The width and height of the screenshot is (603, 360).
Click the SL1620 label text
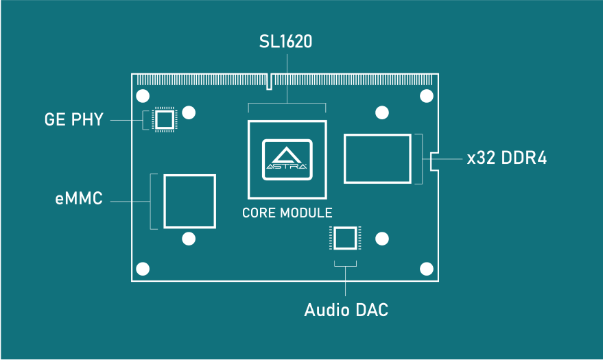click(x=286, y=43)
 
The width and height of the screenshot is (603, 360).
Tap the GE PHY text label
click(x=73, y=120)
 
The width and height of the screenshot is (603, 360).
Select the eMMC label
click(x=79, y=200)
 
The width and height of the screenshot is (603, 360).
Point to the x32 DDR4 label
click(x=506, y=158)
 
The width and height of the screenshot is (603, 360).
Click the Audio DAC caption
click(x=346, y=310)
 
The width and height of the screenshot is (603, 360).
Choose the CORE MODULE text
click(x=287, y=213)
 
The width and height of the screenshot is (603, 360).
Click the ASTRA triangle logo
click(x=287, y=159)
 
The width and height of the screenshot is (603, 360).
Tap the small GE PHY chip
click(x=164, y=120)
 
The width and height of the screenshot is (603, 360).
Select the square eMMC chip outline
click(x=189, y=201)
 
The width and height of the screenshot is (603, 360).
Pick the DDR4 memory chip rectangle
click(x=378, y=159)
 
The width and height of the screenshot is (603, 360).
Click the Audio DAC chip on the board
click(x=344, y=239)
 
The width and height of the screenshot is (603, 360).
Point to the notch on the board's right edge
click(x=434, y=161)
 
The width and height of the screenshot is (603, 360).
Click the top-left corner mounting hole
click(x=143, y=95)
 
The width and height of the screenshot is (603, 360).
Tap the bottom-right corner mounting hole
click(x=426, y=268)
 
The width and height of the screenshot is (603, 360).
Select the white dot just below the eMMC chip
click(x=189, y=239)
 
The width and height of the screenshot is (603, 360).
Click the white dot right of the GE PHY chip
click(x=190, y=112)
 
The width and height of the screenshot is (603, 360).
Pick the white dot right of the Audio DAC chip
click(x=382, y=239)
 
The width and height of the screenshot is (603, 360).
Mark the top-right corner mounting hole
click(x=426, y=95)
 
